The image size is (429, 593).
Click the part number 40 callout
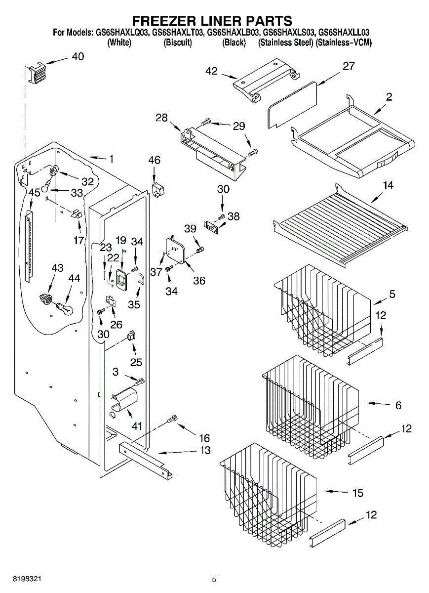click(78, 56)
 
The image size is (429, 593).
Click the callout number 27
click(349, 66)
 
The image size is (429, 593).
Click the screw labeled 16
click(172, 419)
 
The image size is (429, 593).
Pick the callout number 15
click(357, 493)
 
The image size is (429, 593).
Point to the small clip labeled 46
click(157, 189)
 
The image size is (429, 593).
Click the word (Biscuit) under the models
click(177, 42)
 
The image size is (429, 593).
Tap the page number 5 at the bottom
click(214, 580)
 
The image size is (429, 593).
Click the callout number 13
click(204, 450)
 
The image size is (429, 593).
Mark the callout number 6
click(398, 405)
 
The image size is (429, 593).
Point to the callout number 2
click(389, 97)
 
